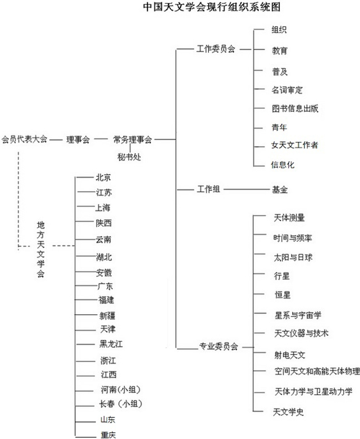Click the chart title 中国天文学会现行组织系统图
(x=212, y=7)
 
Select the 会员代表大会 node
(x=24, y=139)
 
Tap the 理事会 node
(x=78, y=140)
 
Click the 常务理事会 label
(x=132, y=140)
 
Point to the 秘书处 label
(x=129, y=157)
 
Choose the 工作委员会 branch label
(x=216, y=49)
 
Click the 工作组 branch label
(x=208, y=189)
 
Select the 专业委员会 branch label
(x=219, y=347)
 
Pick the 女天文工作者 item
(x=295, y=145)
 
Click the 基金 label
(x=280, y=190)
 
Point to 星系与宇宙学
(x=298, y=315)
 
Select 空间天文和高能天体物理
(x=317, y=372)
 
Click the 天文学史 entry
(x=288, y=412)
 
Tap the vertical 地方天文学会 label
(x=41, y=249)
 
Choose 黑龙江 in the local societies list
(x=111, y=344)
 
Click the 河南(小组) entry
(x=120, y=390)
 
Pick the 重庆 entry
(x=108, y=435)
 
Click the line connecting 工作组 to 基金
(x=247, y=189)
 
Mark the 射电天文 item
(x=290, y=355)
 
